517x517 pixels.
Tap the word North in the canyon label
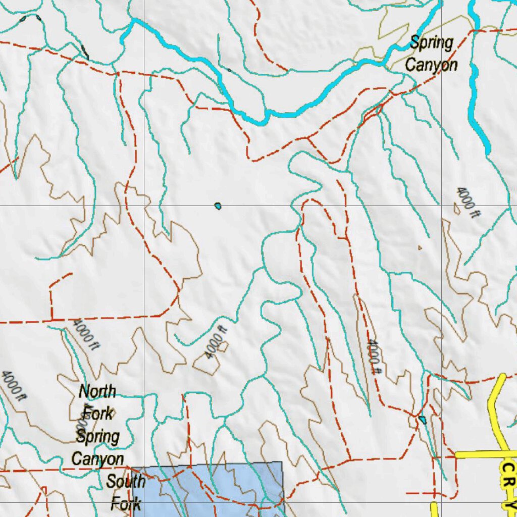coord(97,391)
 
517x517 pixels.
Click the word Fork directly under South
coord(126,503)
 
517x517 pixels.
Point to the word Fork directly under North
coord(98,413)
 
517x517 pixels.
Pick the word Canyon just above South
coord(97,458)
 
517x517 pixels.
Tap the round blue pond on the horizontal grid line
coord(218,206)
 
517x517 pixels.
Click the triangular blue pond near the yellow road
coord(422,420)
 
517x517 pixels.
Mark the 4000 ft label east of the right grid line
coord(467,202)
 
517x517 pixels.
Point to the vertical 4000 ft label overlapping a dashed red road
coord(374,356)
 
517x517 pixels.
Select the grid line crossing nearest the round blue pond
coord(144,206)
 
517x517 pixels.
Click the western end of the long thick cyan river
coord(133,21)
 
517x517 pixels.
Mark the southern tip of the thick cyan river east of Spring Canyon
coord(488,151)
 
